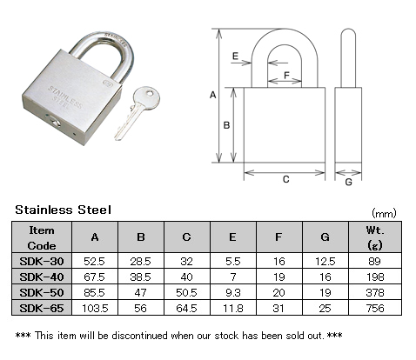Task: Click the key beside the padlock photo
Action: [x=138, y=112]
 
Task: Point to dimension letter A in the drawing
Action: [x=213, y=95]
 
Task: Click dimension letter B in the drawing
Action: [x=226, y=125]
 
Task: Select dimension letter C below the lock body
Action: [x=285, y=179]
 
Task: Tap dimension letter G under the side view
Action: [x=348, y=182]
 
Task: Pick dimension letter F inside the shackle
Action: [x=286, y=76]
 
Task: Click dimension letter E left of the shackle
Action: [x=235, y=56]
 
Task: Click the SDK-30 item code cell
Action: [x=42, y=261]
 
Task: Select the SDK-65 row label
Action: [x=42, y=308]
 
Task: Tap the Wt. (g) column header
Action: [x=375, y=237]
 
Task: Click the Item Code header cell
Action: [x=42, y=237]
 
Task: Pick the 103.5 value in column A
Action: [x=95, y=308]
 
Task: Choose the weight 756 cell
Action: [x=375, y=308]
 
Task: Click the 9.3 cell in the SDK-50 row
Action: [x=233, y=292]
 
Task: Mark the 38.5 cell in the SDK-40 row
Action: [x=141, y=277]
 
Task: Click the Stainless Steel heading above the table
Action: [x=63, y=210]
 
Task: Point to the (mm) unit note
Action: [x=384, y=214]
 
